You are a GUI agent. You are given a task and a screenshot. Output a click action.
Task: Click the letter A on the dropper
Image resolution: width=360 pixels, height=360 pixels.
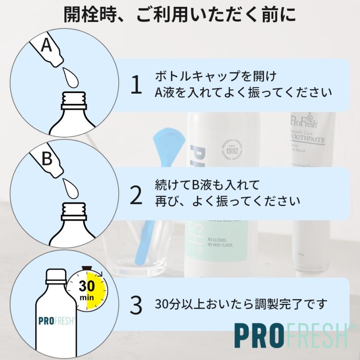47,45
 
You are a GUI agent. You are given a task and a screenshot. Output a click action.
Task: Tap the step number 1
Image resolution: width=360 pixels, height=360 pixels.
136,86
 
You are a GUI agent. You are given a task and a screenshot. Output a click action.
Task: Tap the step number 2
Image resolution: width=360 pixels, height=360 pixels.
136,196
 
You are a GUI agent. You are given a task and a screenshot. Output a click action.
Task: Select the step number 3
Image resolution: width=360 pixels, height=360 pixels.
136,305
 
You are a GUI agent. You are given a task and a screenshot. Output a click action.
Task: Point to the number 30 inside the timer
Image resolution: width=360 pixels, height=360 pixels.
86,286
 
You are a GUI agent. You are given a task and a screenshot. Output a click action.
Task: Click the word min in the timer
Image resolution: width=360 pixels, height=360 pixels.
86,298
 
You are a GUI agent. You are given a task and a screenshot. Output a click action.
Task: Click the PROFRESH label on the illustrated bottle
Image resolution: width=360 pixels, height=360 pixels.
56,321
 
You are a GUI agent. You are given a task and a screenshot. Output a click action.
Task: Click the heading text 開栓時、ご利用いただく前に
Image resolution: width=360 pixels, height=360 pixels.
180,16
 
